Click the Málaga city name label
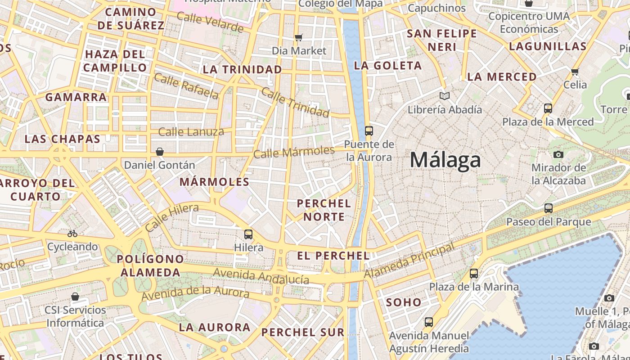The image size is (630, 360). pyautogui.click(x=445, y=160)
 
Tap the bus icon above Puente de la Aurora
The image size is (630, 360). pyautogui.click(x=369, y=131)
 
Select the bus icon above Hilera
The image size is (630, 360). pyautogui.click(x=248, y=234)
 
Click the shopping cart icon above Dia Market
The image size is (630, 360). pyautogui.click(x=298, y=37)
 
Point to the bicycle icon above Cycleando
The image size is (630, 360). pyautogui.click(x=72, y=234)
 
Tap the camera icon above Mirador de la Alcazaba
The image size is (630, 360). pyautogui.click(x=558, y=154)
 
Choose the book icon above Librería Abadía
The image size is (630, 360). pyautogui.click(x=445, y=96)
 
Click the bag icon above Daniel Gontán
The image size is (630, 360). pyautogui.click(x=159, y=152)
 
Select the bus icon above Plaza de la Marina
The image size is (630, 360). pyautogui.click(x=474, y=273)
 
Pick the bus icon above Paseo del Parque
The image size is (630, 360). pyautogui.click(x=549, y=208)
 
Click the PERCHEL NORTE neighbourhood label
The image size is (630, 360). pyautogui.click(x=324, y=210)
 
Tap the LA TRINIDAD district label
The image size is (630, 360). pyautogui.click(x=242, y=69)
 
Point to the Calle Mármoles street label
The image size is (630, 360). pyautogui.click(x=294, y=152)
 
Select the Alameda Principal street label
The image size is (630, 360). pyautogui.click(x=409, y=261)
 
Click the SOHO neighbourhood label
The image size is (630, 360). pyautogui.click(x=404, y=302)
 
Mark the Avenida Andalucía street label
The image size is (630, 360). pyautogui.click(x=261, y=276)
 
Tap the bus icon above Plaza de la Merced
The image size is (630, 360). pyautogui.click(x=548, y=108)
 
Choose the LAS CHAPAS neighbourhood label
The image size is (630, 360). pyautogui.click(x=62, y=139)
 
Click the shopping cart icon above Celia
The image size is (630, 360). pyautogui.click(x=575, y=72)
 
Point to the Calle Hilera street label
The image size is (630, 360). pyautogui.click(x=171, y=217)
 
